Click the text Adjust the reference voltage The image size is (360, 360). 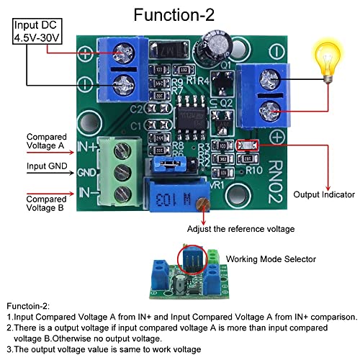(x=240, y=229)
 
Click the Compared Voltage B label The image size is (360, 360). (x=45, y=204)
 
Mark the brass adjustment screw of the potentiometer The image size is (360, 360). (x=205, y=205)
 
